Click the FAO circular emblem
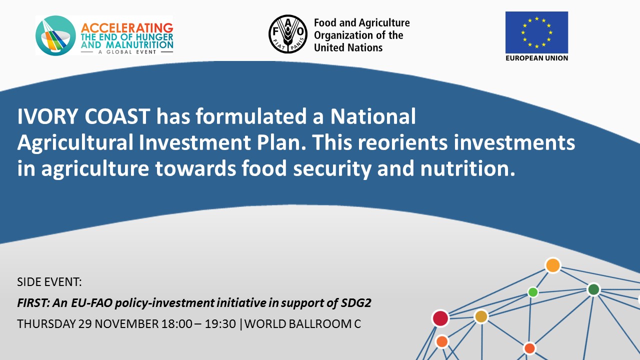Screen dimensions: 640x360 (x=288, y=34)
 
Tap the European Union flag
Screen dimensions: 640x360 (x=536, y=32)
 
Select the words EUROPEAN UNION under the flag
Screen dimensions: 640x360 (x=536, y=58)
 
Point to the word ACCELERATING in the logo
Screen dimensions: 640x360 (x=127, y=28)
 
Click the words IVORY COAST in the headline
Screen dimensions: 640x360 (x=83, y=116)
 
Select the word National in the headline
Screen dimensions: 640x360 (x=373, y=116)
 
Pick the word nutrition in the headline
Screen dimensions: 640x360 (x=467, y=168)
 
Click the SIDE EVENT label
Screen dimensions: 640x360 (x=49, y=282)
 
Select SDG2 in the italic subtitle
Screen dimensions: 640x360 (x=356, y=303)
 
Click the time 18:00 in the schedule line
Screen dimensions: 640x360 (x=177, y=324)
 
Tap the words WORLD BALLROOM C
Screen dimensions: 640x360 (x=302, y=324)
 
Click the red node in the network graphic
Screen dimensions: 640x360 (x=440, y=318)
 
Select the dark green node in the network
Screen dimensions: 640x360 (x=593, y=289)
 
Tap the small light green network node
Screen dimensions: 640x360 (x=533, y=292)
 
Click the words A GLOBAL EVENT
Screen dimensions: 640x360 (x=127, y=52)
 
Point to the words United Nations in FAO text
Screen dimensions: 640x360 (x=348, y=47)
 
